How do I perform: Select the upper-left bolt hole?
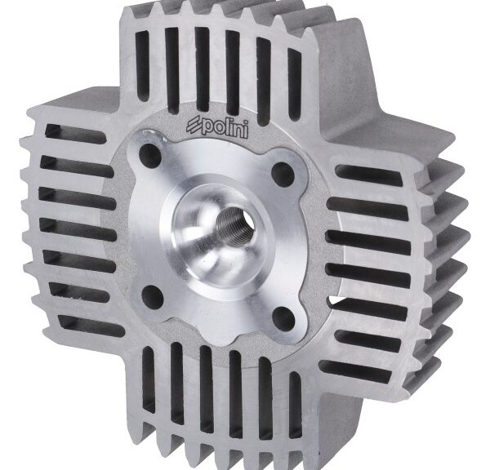click(x=149, y=153)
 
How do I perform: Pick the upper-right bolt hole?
click(x=283, y=174)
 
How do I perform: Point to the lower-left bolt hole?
click(x=153, y=295)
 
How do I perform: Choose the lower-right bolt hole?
click(x=283, y=317)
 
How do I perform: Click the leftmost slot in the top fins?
click(x=142, y=62)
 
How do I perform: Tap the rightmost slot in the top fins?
click(x=294, y=84)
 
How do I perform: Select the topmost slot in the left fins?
click(x=75, y=134)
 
